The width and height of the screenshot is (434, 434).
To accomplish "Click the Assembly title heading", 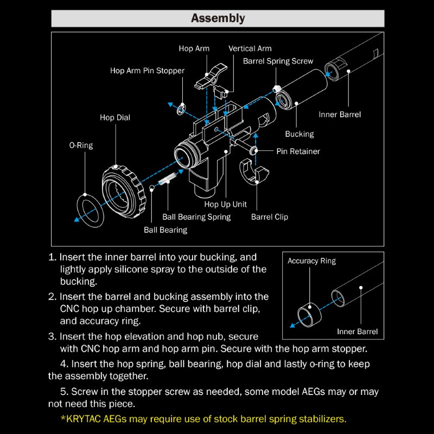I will click(218, 18).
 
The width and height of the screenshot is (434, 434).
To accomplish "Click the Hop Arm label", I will click(194, 49).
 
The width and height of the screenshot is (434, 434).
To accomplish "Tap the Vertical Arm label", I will click(250, 49).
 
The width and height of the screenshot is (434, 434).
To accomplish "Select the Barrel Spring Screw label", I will click(278, 61).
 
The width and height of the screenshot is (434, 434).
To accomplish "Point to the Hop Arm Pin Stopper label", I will click(147, 71).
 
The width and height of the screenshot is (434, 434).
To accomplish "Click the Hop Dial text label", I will click(115, 117).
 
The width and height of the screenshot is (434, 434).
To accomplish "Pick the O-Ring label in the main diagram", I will click(81, 145).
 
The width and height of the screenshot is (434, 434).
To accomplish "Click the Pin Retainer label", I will click(298, 151).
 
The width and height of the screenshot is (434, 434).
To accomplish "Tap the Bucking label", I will click(299, 133).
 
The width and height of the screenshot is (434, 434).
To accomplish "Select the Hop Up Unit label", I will click(225, 205).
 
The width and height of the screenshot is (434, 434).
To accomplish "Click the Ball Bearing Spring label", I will click(196, 217).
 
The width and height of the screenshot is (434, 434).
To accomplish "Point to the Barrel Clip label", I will click(270, 217).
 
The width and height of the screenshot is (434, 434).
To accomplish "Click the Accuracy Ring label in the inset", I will click(311, 261).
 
